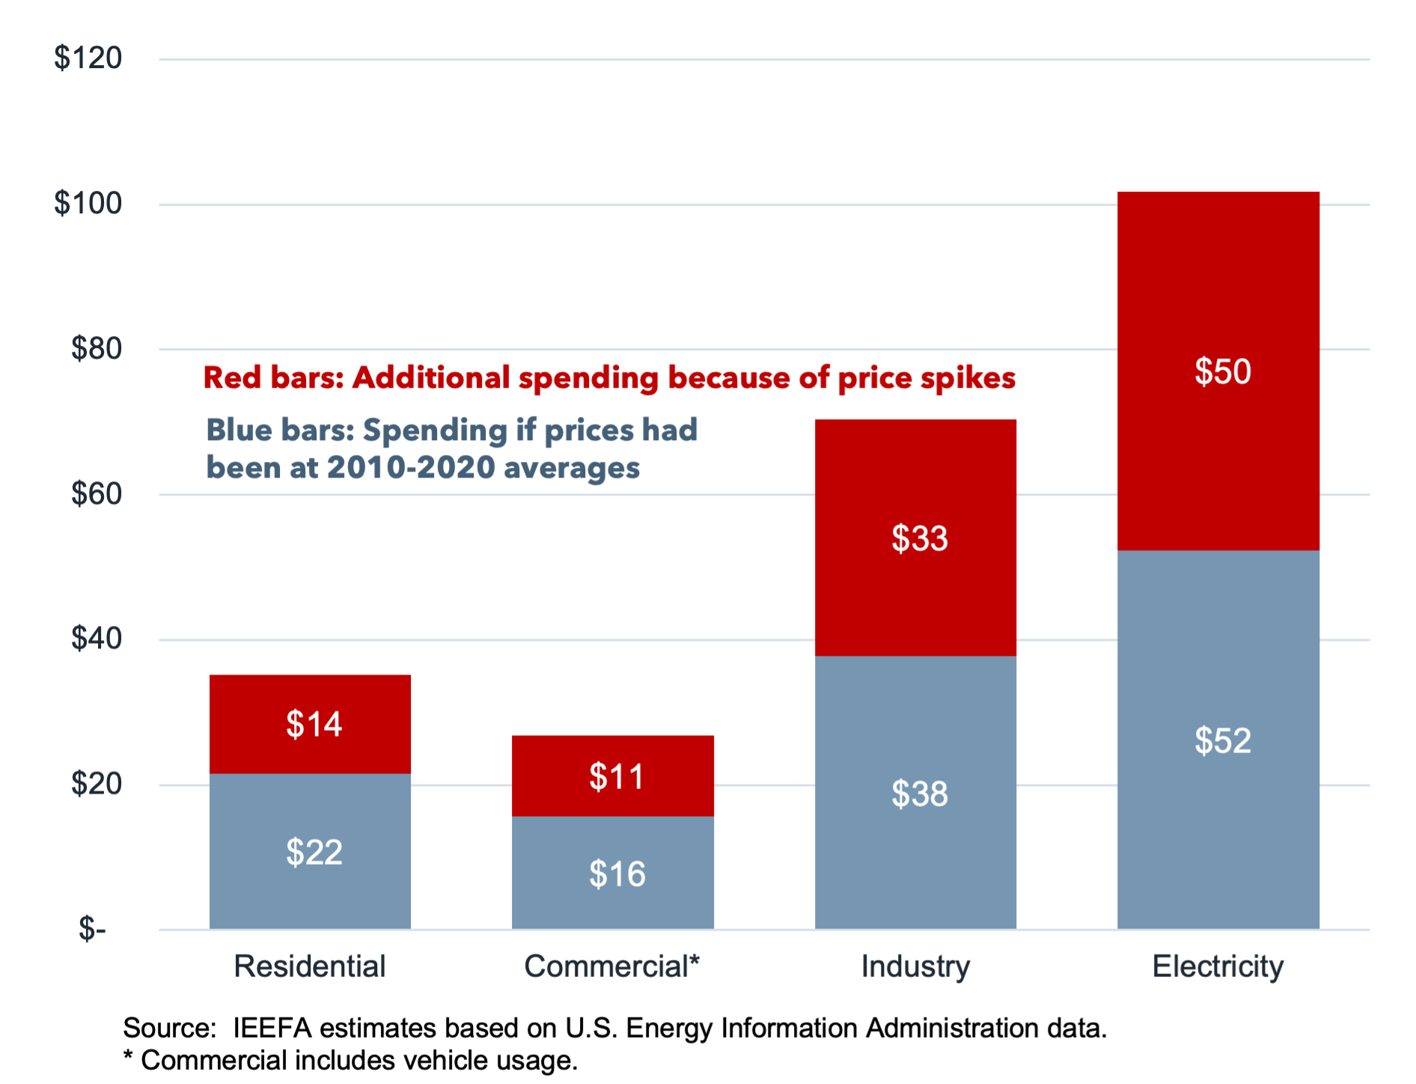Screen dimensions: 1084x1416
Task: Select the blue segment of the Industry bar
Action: point(915,861)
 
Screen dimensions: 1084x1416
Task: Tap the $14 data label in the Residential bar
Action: point(314,724)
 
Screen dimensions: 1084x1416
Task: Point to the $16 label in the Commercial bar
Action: point(617,874)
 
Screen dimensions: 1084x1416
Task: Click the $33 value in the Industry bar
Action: point(919,538)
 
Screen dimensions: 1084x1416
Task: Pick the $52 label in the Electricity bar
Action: point(1222,740)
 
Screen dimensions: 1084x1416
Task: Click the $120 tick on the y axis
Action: point(88,58)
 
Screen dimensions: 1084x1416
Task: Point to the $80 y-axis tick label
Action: point(96,348)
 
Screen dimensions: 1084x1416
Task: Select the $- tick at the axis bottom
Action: point(92,929)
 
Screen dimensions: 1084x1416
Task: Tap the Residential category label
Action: point(309,966)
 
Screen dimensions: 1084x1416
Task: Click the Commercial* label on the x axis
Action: point(611,966)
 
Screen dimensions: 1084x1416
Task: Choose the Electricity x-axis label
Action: point(1218,966)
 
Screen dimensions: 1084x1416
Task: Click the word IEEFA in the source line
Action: point(272,1028)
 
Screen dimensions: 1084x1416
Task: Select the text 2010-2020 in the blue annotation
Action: point(411,467)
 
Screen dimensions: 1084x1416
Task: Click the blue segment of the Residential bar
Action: point(310,891)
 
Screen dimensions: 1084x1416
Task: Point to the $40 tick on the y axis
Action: point(96,638)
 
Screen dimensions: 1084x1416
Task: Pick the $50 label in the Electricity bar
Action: point(1222,371)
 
